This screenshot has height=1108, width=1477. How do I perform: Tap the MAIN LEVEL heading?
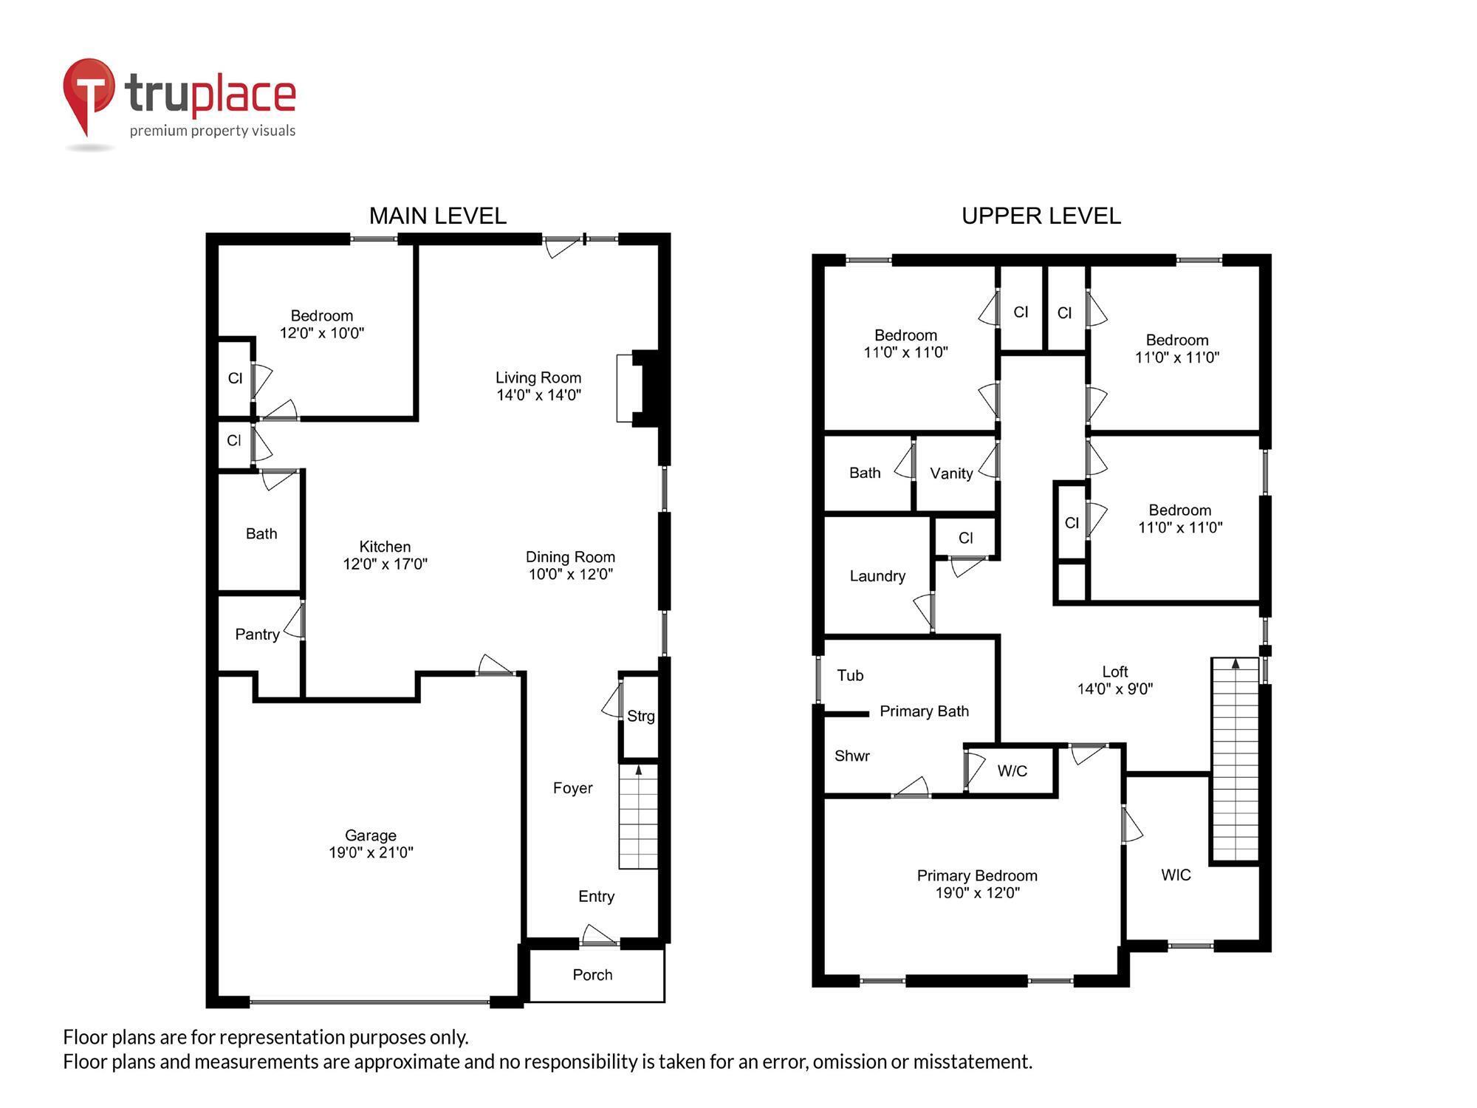[x=437, y=216]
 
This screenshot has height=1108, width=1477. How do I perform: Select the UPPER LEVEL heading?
[x=1041, y=216]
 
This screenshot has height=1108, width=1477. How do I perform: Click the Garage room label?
[x=371, y=835]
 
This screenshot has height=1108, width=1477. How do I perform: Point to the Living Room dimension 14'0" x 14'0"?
[x=538, y=395]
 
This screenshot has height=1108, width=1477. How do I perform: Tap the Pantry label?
[x=257, y=635]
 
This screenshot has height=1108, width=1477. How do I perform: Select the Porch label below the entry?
[x=592, y=975]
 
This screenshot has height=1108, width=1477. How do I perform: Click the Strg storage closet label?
[x=640, y=716]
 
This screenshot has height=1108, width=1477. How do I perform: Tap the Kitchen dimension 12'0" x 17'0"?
[x=385, y=564]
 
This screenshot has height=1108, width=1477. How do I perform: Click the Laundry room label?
[x=877, y=576]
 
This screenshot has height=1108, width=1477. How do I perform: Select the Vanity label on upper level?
[x=951, y=473]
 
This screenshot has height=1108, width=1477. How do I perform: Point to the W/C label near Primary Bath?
[x=1012, y=771]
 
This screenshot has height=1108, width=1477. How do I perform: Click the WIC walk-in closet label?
[x=1176, y=875]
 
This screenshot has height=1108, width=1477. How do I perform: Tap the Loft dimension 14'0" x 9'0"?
[x=1114, y=689]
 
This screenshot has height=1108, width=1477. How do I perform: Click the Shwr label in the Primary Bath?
[x=851, y=756]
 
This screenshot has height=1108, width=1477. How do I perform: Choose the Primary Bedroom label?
[x=976, y=875]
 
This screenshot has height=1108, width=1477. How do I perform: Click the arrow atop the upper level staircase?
[x=1236, y=664]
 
